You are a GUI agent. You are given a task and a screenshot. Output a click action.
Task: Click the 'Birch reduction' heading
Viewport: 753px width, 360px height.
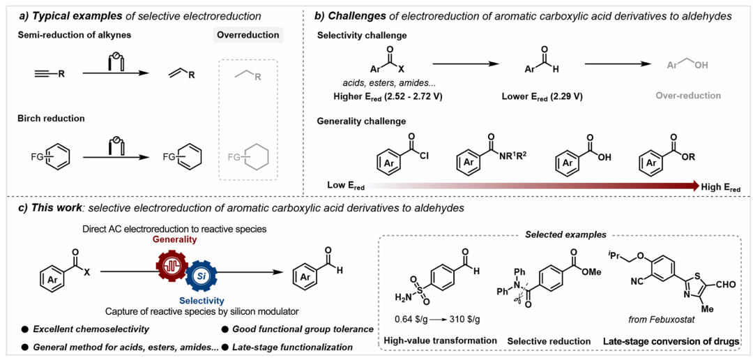click(x=50, y=119)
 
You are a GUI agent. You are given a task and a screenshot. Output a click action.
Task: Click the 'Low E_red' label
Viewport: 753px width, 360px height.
click(x=345, y=186)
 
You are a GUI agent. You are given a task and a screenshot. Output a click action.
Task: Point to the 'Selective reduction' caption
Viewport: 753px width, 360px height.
click(x=548, y=340)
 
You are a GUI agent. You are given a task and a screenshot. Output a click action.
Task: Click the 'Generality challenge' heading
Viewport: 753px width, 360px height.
click(x=361, y=121)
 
